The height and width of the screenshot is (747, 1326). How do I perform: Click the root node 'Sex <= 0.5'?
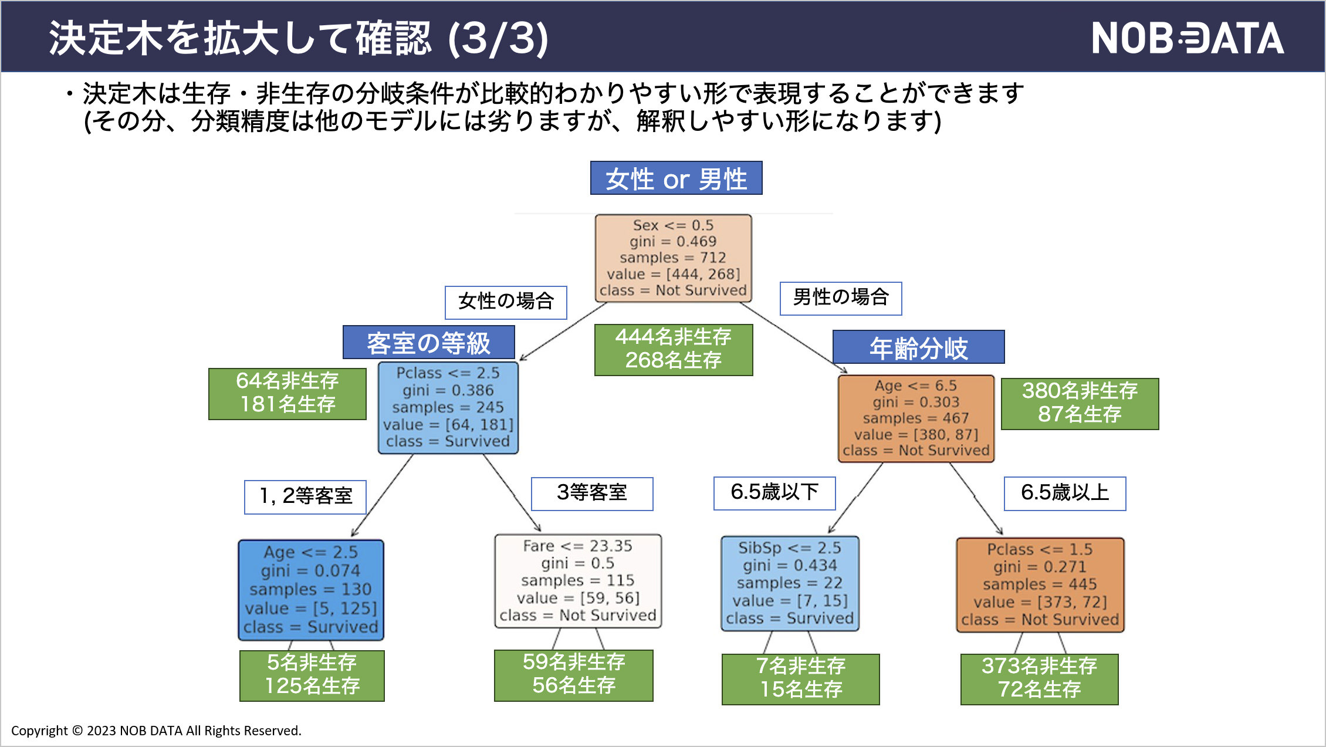click(673, 258)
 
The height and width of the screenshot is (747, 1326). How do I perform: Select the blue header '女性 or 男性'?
click(676, 178)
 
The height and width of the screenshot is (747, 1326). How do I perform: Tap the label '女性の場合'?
click(506, 302)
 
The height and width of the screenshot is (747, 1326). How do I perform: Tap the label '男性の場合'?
click(840, 298)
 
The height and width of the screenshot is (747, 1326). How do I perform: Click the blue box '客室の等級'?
click(428, 343)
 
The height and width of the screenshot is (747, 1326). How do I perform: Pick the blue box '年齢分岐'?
click(918, 347)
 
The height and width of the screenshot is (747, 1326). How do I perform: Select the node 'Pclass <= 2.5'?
click(448, 407)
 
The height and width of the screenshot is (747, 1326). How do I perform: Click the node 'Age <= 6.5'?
click(916, 418)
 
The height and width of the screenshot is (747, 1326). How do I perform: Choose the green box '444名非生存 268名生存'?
click(673, 349)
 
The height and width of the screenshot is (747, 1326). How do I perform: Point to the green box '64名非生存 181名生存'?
click(287, 393)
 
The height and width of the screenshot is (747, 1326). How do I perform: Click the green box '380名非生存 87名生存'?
click(1080, 403)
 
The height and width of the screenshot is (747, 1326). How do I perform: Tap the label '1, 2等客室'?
click(305, 496)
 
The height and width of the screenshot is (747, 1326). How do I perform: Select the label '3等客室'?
click(591, 493)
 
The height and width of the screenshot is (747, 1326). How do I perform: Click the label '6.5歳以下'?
click(774, 493)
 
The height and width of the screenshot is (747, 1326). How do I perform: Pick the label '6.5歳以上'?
click(1064, 493)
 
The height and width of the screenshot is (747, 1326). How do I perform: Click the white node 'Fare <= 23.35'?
click(578, 580)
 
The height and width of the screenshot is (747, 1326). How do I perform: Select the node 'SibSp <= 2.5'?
click(790, 583)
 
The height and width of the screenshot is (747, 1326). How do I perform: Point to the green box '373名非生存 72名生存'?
click(1039, 678)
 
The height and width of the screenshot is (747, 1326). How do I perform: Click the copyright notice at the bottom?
click(156, 731)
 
